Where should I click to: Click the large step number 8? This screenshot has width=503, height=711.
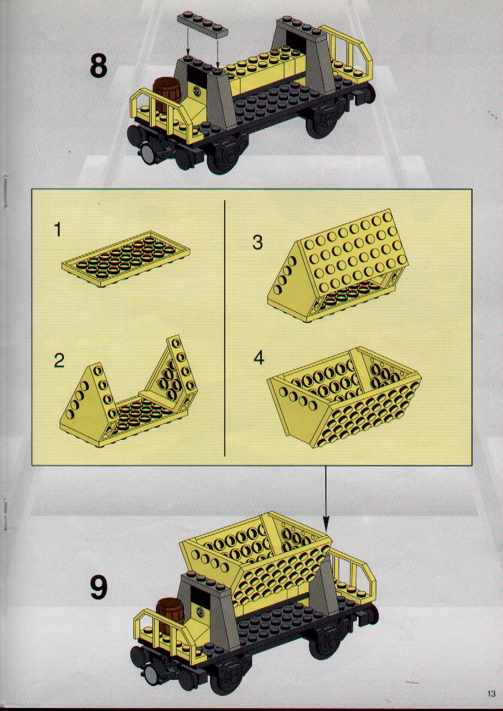[x=98, y=66]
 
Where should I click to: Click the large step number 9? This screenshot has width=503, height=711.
[x=99, y=587]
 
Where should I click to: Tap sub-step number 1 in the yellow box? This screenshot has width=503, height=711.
[x=58, y=230]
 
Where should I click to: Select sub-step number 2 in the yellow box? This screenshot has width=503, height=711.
[x=59, y=361]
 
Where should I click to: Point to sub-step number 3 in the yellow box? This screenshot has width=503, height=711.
[x=258, y=242]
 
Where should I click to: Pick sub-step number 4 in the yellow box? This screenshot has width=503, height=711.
[x=258, y=358]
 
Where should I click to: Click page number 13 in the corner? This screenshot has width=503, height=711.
[x=491, y=693]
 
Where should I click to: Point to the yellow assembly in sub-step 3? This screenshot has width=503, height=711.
[x=338, y=266]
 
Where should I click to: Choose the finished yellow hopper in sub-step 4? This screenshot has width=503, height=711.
[x=345, y=397]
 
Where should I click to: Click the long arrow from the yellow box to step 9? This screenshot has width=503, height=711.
[x=326, y=498]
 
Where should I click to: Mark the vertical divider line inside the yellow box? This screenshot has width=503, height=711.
[x=225, y=327]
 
